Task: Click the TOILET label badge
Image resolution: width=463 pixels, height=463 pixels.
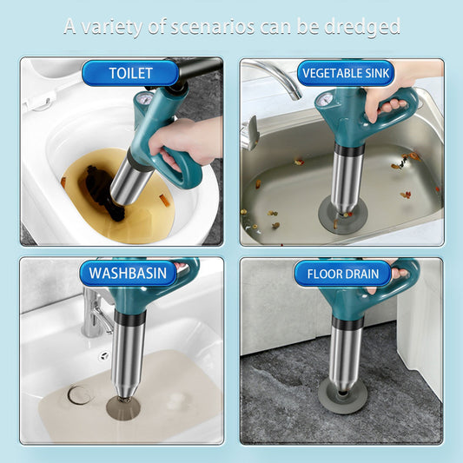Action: pyautogui.click(x=130, y=73)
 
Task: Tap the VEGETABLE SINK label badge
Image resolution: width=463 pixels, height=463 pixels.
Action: pyautogui.click(x=343, y=73)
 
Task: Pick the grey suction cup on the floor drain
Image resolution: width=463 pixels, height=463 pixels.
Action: pyautogui.click(x=343, y=395)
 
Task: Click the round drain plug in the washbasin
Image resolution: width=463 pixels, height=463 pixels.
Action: pyautogui.click(x=80, y=395)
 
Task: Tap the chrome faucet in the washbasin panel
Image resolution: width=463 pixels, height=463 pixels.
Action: pyautogui.click(x=94, y=314)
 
